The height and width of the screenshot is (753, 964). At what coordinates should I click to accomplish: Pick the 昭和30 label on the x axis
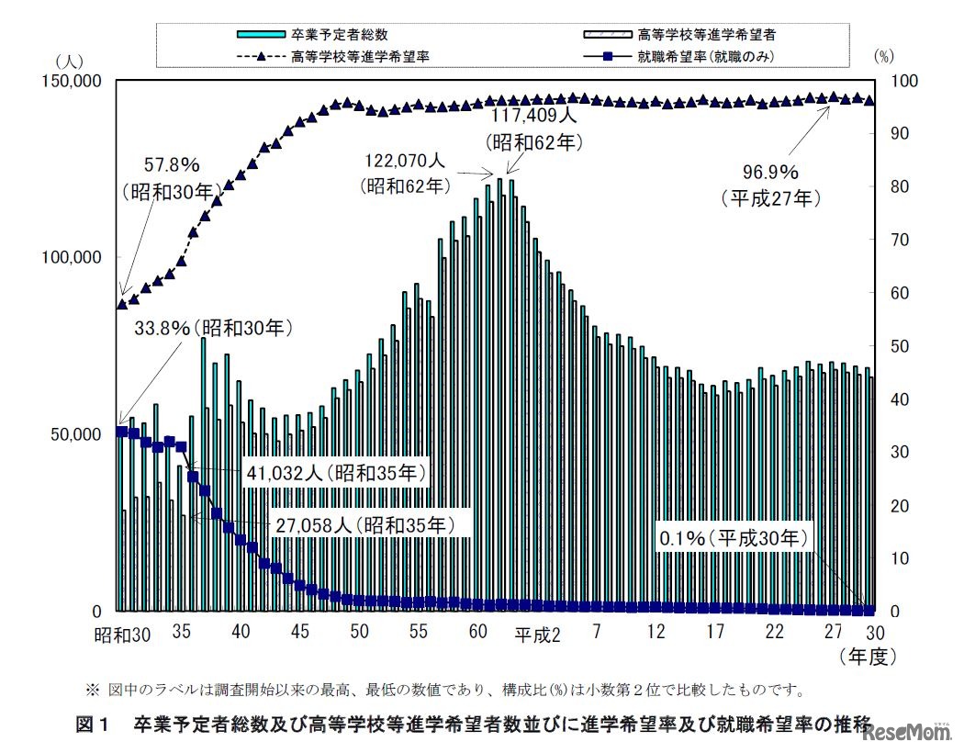(x=121, y=633)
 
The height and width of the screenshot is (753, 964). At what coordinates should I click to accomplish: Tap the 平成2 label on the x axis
(x=536, y=635)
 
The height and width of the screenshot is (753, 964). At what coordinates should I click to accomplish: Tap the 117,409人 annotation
(x=533, y=117)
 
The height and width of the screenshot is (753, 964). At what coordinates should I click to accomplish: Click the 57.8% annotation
(x=172, y=166)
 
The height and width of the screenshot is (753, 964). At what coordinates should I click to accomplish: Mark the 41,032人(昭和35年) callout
(x=337, y=474)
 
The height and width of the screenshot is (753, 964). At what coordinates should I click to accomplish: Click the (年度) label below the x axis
(x=866, y=657)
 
